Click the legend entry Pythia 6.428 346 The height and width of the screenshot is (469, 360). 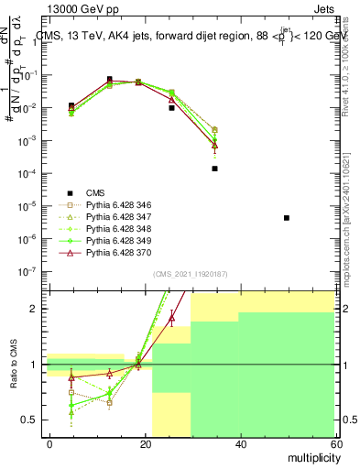click(117, 204)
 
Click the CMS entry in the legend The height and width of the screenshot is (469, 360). click(95, 192)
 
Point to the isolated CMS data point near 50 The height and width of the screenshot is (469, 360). click(287, 218)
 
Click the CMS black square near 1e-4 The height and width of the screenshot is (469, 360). click(214, 169)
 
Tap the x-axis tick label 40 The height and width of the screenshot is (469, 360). click(239, 443)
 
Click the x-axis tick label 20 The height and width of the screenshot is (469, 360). click(145, 443)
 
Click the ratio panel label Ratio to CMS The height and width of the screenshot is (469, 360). click(12, 365)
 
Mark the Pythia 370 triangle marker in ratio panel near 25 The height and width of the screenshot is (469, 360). click(171, 318)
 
